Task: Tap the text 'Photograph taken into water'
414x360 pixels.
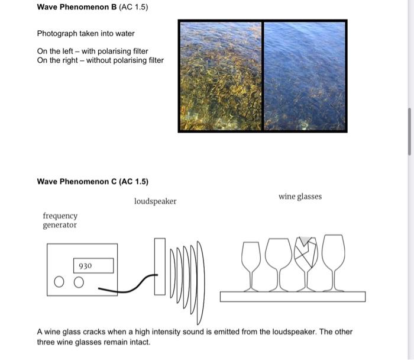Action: [86, 34]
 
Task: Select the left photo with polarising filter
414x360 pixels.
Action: [221, 76]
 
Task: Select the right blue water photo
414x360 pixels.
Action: [305, 76]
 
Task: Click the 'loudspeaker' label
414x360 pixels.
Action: [155, 201]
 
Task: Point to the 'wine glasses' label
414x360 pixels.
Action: [300, 197]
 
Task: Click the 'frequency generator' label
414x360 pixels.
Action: [60, 221]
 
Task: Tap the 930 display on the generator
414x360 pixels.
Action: [93, 266]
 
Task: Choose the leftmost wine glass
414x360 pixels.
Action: [251, 261]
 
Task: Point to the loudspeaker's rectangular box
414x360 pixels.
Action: [160, 266]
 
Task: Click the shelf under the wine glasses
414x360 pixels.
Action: [292, 297]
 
